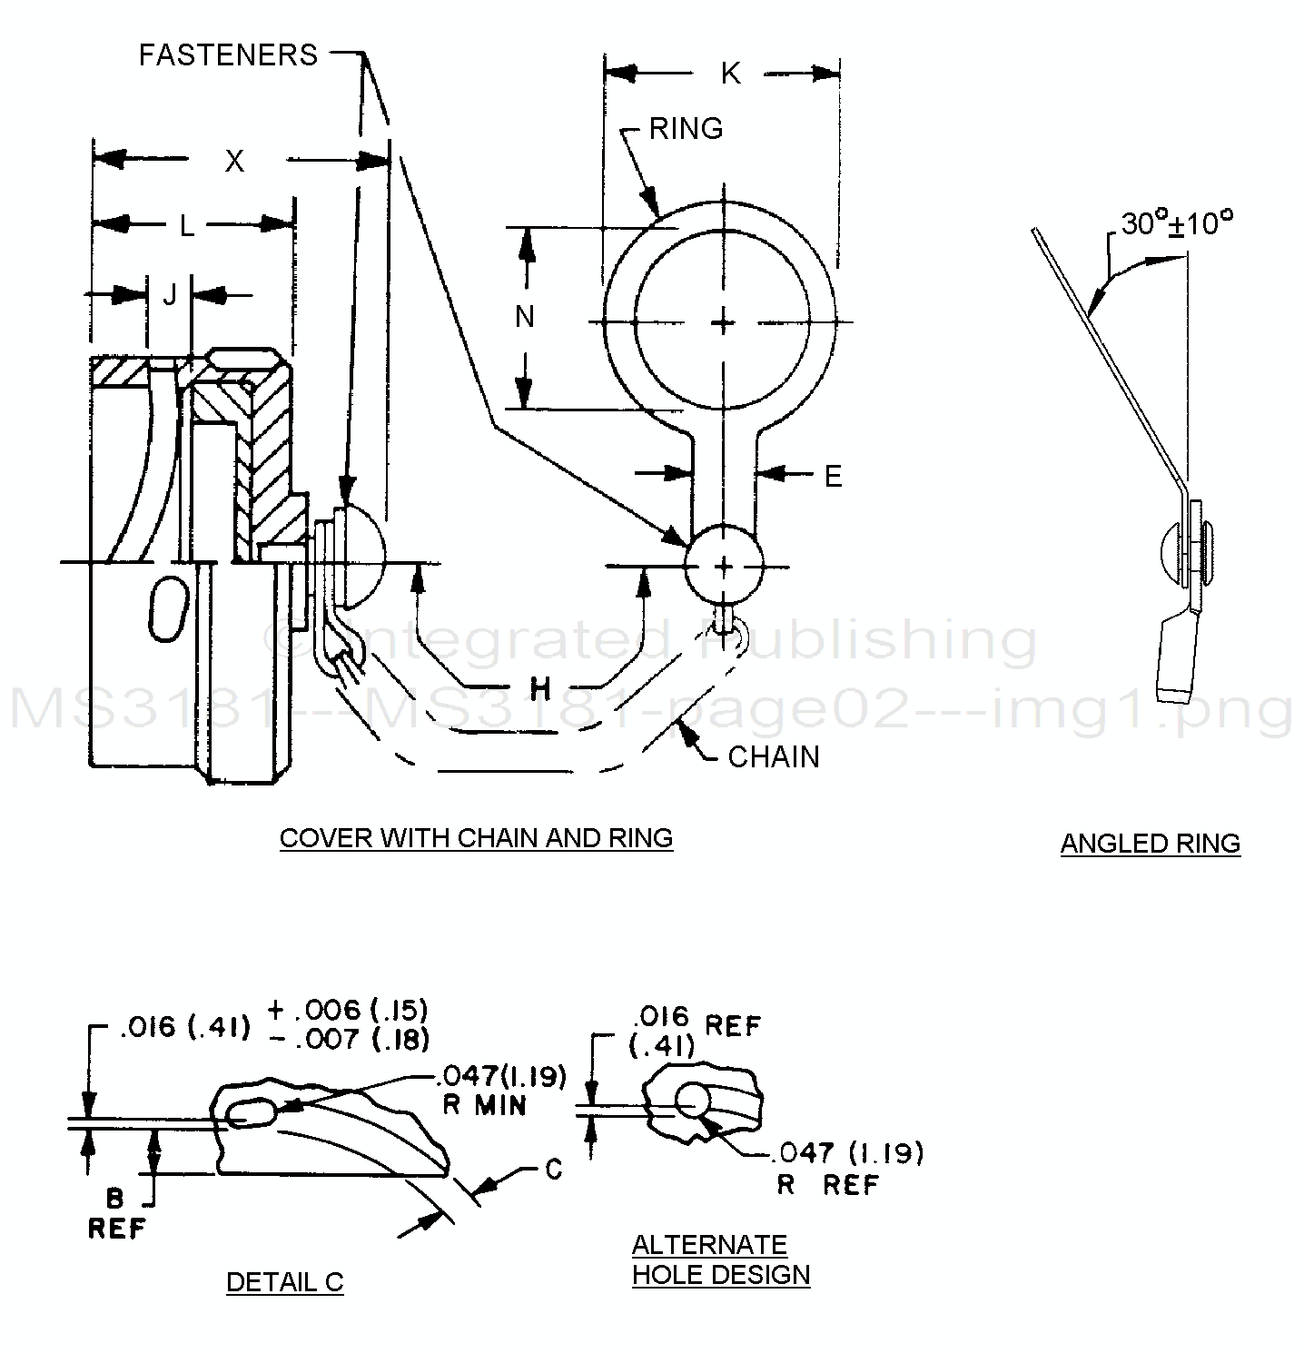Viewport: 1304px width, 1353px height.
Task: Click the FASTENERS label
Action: pos(228,54)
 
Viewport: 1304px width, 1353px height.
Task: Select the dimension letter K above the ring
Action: pos(730,74)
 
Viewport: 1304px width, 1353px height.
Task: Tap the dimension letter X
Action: pos(234,161)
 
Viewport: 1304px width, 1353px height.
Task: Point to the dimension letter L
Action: pos(186,224)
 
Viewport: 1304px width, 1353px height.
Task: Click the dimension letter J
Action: pos(169,294)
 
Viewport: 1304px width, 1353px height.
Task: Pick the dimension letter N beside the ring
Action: pos(525,317)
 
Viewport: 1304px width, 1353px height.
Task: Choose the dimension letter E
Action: pos(833,475)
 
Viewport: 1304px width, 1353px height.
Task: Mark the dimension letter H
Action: pos(540,689)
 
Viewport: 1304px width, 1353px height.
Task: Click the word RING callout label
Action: pos(686,128)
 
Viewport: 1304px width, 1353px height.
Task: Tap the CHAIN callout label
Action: pos(774,756)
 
